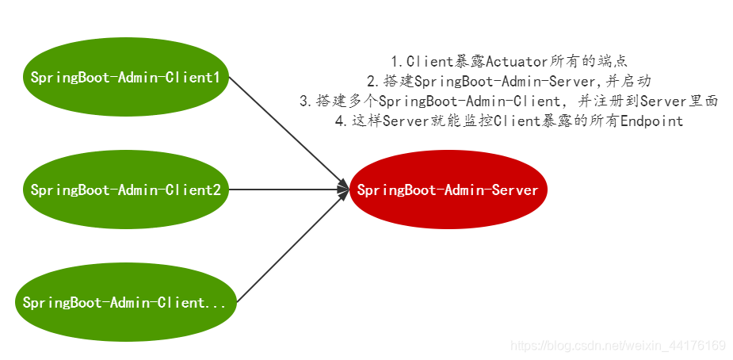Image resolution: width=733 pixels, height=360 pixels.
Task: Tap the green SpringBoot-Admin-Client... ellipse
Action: pyautogui.click(x=125, y=303)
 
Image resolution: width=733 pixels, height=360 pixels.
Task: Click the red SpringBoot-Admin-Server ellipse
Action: pyautogui.click(x=448, y=190)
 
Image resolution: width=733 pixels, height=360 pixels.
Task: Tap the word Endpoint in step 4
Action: pyautogui.click(x=651, y=121)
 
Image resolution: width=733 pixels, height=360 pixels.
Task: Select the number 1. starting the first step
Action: pyautogui.click(x=398, y=61)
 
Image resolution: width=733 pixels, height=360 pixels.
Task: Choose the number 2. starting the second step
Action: pyautogui.click(x=372, y=81)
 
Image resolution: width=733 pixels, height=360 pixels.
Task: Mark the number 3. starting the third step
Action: pyautogui.click(x=305, y=101)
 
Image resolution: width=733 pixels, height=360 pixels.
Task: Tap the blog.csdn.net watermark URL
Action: pyautogui.click(x=618, y=346)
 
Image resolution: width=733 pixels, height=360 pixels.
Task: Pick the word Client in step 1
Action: pyautogui.click(x=429, y=61)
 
